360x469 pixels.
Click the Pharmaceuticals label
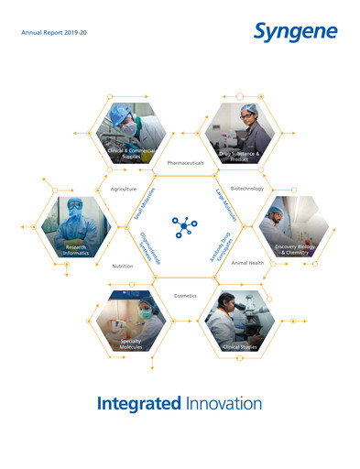(x=192, y=162)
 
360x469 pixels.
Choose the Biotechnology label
(x=247, y=189)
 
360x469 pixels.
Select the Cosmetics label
(x=186, y=295)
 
